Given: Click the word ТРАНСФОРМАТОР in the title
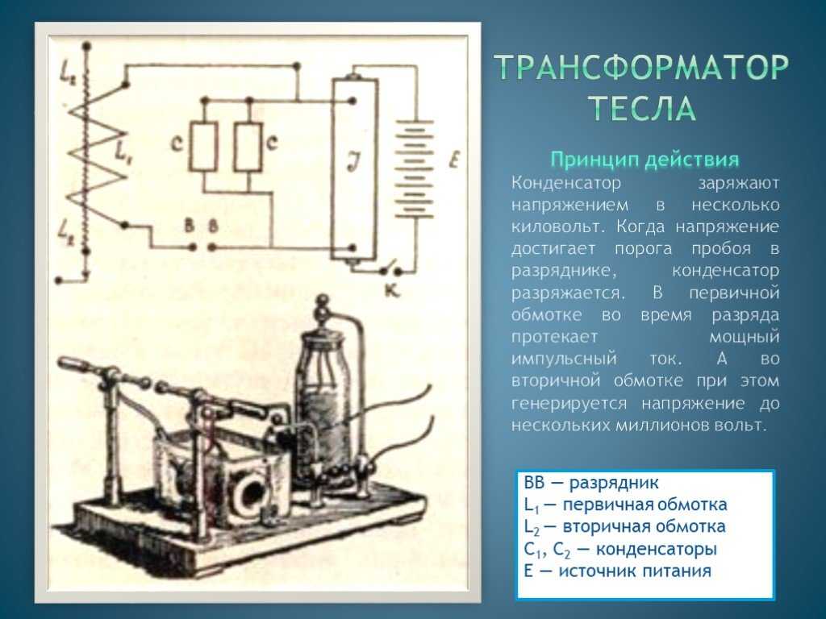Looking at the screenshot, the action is [x=643, y=67].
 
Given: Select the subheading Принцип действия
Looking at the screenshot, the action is [x=645, y=160].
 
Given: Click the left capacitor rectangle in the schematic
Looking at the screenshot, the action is [x=204, y=147].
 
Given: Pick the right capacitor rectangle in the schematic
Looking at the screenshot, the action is [x=248, y=147].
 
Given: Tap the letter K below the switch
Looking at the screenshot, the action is [x=392, y=290].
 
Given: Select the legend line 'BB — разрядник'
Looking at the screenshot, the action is [x=591, y=482].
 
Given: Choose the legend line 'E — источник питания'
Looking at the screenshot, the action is [x=618, y=571].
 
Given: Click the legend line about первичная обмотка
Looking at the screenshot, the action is [x=626, y=505].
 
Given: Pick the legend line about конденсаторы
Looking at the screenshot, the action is [x=620, y=549].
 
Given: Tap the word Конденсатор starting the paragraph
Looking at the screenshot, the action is [x=566, y=183].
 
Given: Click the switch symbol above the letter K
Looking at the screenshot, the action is [x=390, y=268].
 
